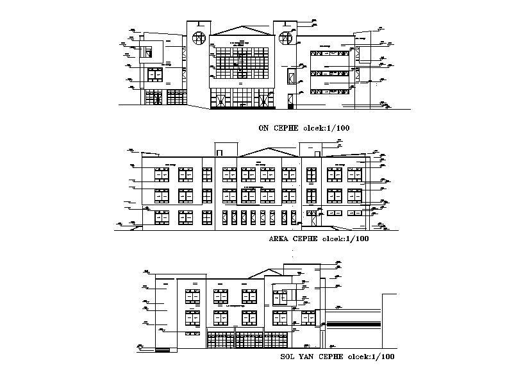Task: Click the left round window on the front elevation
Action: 199,38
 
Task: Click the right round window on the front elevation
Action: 285,38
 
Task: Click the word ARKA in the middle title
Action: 280,239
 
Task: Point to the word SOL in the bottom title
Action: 288,357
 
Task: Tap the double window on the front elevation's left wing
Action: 155,74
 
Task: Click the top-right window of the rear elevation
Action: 354,174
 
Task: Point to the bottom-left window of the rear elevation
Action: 162,217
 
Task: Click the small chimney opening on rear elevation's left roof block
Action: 219,152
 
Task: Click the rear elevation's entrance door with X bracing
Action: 315,219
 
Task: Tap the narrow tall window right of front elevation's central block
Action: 292,78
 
